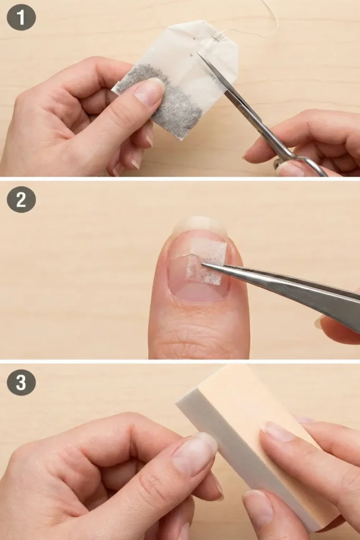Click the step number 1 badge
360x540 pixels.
(x=21, y=17)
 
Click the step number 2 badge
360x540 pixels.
(x=21, y=199)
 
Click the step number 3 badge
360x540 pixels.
(x=21, y=382)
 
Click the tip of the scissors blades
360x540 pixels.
(x=199, y=53)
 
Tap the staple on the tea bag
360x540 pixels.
(x=217, y=37)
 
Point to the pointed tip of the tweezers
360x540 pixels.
(x=205, y=265)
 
